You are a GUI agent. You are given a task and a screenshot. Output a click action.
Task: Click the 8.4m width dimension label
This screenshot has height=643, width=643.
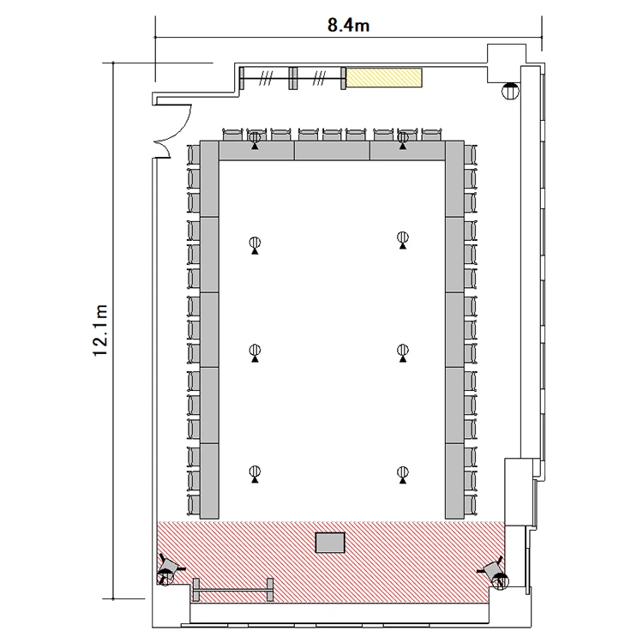pos(348,26)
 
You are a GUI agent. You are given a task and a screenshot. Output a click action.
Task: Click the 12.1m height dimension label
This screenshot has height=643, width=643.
pos(100,331)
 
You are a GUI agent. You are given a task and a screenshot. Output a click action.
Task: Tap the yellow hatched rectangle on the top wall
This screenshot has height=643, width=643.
pos(384,77)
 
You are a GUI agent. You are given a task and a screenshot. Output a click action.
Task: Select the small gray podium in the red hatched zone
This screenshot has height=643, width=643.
pos(330,543)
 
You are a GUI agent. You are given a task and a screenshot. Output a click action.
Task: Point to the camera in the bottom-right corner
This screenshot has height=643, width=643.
pos(496,573)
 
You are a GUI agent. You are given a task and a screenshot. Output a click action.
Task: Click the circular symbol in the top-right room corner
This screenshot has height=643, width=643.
pos(510,91)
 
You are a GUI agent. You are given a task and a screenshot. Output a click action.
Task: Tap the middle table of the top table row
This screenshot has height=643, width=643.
pos(332,151)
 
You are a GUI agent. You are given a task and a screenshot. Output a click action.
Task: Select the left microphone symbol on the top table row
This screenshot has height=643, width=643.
pos(255,140)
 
